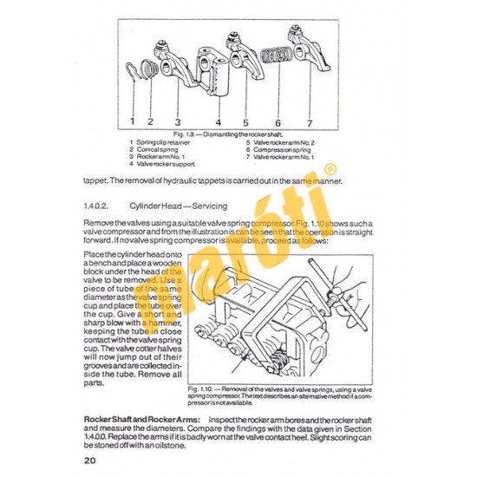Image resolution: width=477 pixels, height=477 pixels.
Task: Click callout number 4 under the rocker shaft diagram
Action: tap(219, 121)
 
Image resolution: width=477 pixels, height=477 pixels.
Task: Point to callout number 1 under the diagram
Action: tap(133, 121)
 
